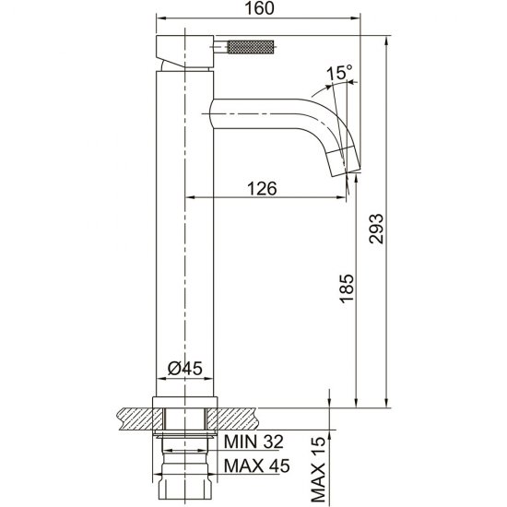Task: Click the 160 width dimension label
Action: coord(259,8)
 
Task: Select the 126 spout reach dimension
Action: coord(262,188)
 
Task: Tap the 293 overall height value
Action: coord(376,228)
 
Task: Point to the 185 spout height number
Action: coord(347,289)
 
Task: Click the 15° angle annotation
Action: coord(339,72)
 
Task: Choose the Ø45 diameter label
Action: coord(185,368)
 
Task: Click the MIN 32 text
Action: coord(253,442)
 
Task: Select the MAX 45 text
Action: coord(257,466)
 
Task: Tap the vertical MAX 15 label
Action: coord(318,471)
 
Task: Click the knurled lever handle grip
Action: coord(252,47)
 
